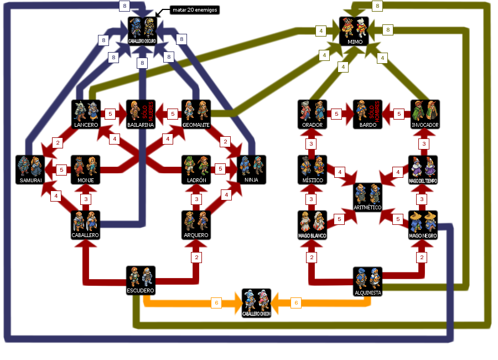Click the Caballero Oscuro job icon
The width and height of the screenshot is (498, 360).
coord(143,30)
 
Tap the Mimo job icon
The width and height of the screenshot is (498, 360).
coord(354,30)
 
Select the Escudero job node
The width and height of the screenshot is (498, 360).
coord(141,280)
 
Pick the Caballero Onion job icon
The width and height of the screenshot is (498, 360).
coord(256,302)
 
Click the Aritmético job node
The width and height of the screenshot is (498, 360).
coord(367,197)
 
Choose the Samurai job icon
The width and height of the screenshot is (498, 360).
coord(30,169)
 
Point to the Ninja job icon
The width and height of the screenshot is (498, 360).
coord(251,169)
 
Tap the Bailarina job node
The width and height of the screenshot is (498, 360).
coord(141,114)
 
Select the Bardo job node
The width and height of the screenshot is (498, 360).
coord(367,114)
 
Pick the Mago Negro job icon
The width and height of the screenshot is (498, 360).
coord(423,224)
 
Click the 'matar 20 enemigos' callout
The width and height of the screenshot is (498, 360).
coord(194,10)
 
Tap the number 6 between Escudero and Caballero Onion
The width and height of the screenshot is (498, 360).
coord(217,303)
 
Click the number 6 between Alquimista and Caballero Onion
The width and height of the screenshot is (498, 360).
coord(296,303)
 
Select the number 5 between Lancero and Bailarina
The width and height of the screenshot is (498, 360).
coord(110,114)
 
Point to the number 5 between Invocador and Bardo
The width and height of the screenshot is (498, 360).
coord(398,114)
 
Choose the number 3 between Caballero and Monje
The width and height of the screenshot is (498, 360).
coord(86,199)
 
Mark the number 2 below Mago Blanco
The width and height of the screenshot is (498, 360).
coord(312,258)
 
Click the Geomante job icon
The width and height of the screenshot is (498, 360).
coord(196,114)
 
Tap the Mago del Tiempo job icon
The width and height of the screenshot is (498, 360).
coord(423,169)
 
